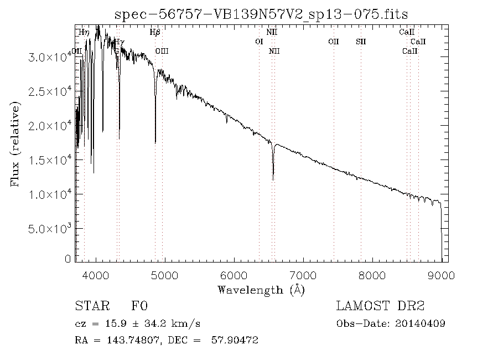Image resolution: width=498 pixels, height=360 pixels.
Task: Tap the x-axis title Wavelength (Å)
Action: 261,290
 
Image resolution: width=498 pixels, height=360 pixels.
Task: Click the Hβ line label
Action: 155,32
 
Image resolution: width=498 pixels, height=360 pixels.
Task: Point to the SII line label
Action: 361,42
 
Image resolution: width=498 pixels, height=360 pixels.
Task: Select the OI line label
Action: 259,42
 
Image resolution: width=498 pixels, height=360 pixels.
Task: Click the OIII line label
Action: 162,51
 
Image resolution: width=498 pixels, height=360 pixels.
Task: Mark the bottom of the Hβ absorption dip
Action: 155,142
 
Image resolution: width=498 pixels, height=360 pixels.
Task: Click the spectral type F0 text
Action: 139,306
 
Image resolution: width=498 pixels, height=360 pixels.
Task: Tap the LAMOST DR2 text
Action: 380,306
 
